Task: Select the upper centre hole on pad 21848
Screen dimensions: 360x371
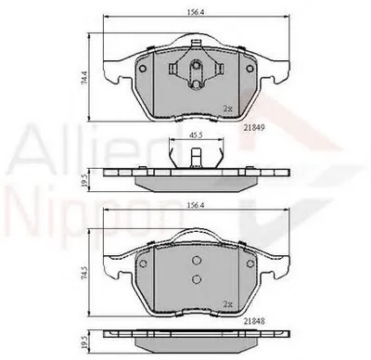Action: coord(196,260)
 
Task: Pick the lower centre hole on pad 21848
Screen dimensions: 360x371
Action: coord(196,278)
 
